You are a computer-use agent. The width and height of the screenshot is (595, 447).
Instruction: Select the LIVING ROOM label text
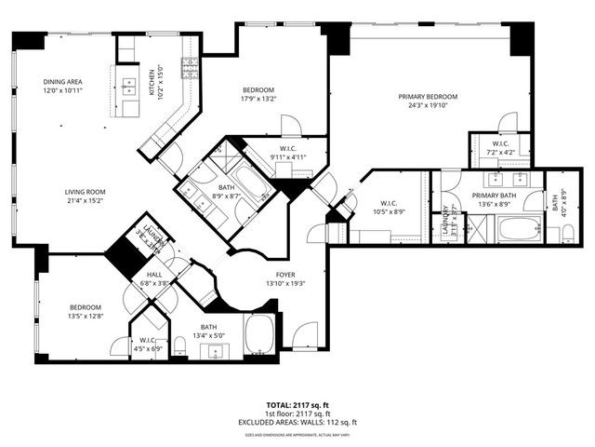tap(85, 193)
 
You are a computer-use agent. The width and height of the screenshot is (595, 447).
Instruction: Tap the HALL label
tap(152, 276)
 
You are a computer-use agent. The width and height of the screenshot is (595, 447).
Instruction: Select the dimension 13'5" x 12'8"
tap(84, 315)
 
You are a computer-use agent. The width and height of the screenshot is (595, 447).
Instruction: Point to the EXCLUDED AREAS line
tap(297, 422)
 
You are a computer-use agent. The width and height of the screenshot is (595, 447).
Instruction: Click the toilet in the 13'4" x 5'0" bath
tap(182, 348)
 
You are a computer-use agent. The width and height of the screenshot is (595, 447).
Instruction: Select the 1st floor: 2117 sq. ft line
tap(297, 414)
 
